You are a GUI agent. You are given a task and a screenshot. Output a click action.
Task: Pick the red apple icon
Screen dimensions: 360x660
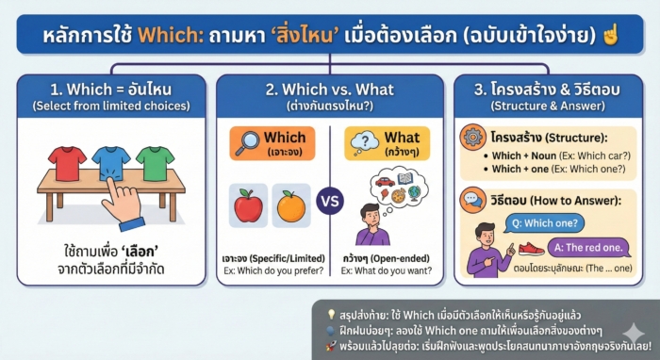(x=248, y=204)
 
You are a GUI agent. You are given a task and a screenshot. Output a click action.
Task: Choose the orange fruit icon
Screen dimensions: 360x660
(x=291, y=204)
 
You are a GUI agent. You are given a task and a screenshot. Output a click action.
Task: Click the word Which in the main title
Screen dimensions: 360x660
(x=166, y=39)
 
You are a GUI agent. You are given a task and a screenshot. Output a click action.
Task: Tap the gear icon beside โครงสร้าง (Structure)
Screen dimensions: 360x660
(x=472, y=138)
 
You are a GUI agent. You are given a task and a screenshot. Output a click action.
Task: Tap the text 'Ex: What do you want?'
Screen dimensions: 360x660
(x=388, y=270)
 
